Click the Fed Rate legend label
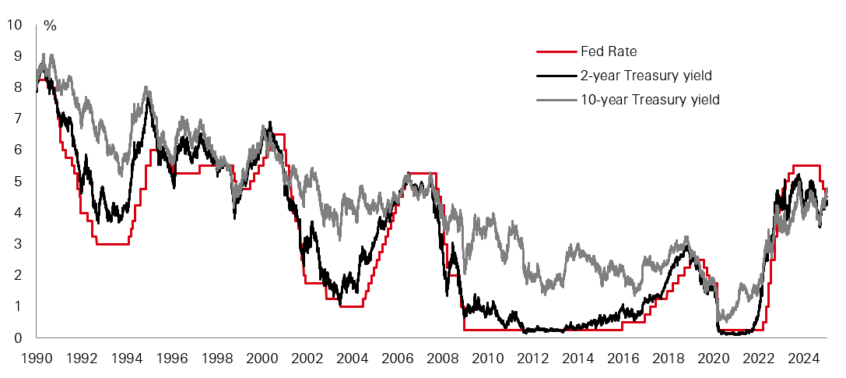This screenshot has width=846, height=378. (609, 52)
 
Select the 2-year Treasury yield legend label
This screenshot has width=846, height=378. (646, 76)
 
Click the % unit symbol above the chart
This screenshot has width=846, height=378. (50, 26)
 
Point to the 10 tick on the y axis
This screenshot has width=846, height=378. (14, 24)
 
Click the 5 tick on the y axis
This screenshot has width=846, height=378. (18, 181)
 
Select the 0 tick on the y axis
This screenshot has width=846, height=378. (18, 337)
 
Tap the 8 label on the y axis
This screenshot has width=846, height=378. (18, 87)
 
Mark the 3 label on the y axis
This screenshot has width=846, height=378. (18, 244)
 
